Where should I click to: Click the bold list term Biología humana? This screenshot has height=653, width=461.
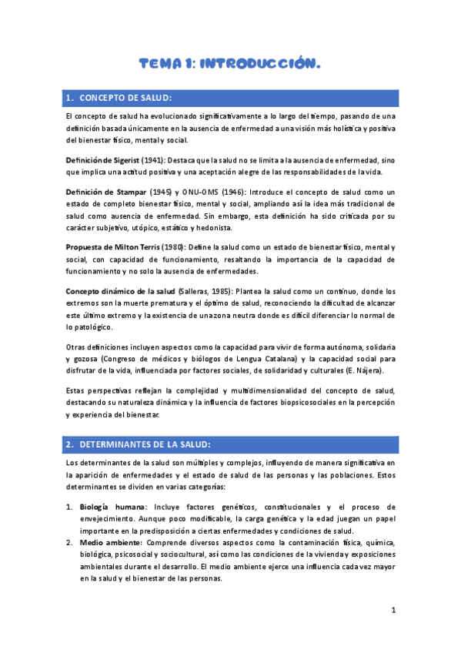click(x=113, y=507)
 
